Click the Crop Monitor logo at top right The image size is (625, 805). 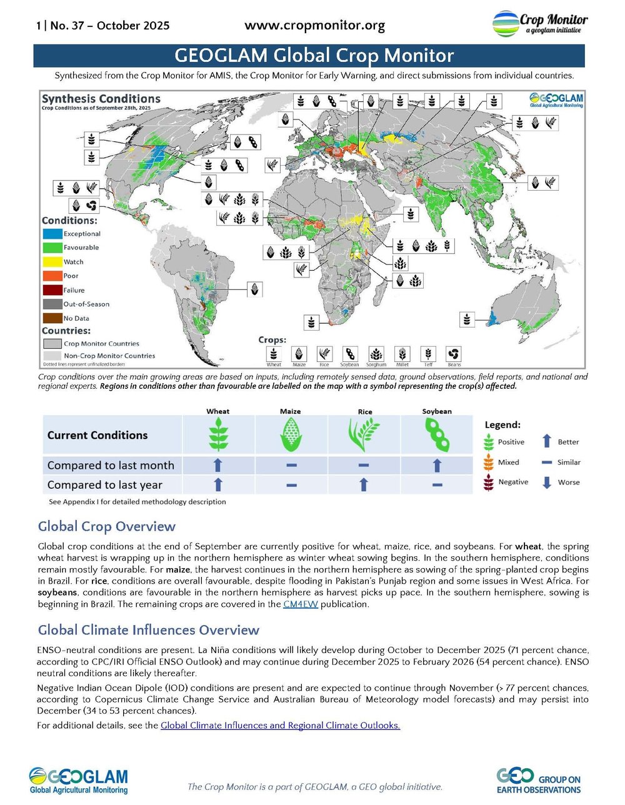point(539,24)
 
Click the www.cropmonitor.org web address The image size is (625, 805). point(314,26)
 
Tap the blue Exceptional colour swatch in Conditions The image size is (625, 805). point(52,234)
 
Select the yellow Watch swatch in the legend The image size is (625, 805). point(52,262)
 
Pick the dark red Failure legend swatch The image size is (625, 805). point(52,290)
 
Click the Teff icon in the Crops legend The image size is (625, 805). point(428,354)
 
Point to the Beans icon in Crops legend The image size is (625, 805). point(454,354)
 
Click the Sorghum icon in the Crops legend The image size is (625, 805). point(376,354)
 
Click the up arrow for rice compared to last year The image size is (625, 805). point(364,484)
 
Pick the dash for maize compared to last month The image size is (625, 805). point(291,465)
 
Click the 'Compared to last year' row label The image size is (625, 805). point(105,485)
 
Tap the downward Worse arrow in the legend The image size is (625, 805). point(546,482)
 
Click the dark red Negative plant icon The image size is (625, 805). point(489,482)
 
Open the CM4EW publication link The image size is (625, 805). point(300,604)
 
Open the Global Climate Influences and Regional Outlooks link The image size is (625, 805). point(280,726)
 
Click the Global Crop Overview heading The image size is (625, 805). point(107,526)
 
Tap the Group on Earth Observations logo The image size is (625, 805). point(539,781)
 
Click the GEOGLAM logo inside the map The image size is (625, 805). point(556,100)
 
